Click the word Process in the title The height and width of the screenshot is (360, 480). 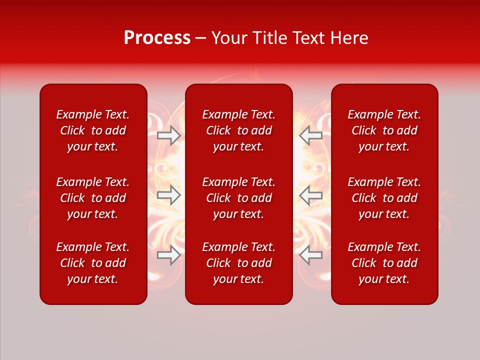click(x=157, y=38)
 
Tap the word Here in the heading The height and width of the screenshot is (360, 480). click(x=348, y=38)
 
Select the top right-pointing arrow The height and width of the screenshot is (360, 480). click(x=169, y=135)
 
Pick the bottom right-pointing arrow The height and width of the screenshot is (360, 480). click(x=169, y=255)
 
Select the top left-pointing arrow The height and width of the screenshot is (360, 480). click(x=311, y=135)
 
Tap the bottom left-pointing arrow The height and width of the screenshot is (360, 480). click(x=311, y=255)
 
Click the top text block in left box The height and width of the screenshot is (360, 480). click(x=93, y=130)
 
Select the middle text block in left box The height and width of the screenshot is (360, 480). click(x=93, y=198)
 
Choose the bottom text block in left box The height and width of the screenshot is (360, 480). click(x=93, y=263)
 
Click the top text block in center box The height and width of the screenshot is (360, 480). click(x=238, y=130)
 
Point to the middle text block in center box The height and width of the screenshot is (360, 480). click(x=238, y=198)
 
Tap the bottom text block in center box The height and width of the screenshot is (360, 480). click(x=238, y=263)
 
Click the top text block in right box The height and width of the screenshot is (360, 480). click(x=384, y=130)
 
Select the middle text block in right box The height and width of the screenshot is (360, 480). click(x=384, y=198)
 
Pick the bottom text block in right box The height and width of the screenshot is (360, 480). click(x=384, y=263)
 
